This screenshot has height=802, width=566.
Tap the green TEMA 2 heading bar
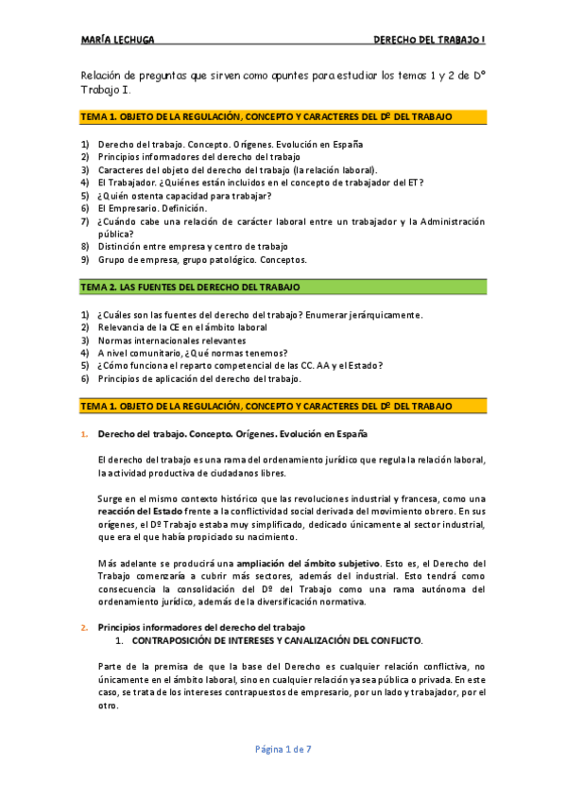pyautogui.click(x=283, y=287)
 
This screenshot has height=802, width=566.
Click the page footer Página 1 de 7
pyautogui.click(x=283, y=749)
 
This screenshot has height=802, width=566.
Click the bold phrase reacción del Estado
pyautogui.click(x=138, y=512)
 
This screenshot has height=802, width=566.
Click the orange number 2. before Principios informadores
pyautogui.click(x=84, y=627)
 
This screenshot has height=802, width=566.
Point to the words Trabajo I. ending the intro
pyautogui.click(x=105, y=90)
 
